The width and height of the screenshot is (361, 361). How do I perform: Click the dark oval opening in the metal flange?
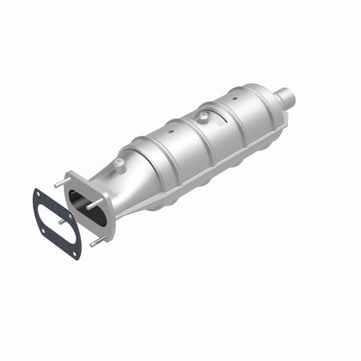tap(89, 205)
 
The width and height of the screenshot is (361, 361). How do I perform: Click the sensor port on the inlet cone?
tap(119, 162)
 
